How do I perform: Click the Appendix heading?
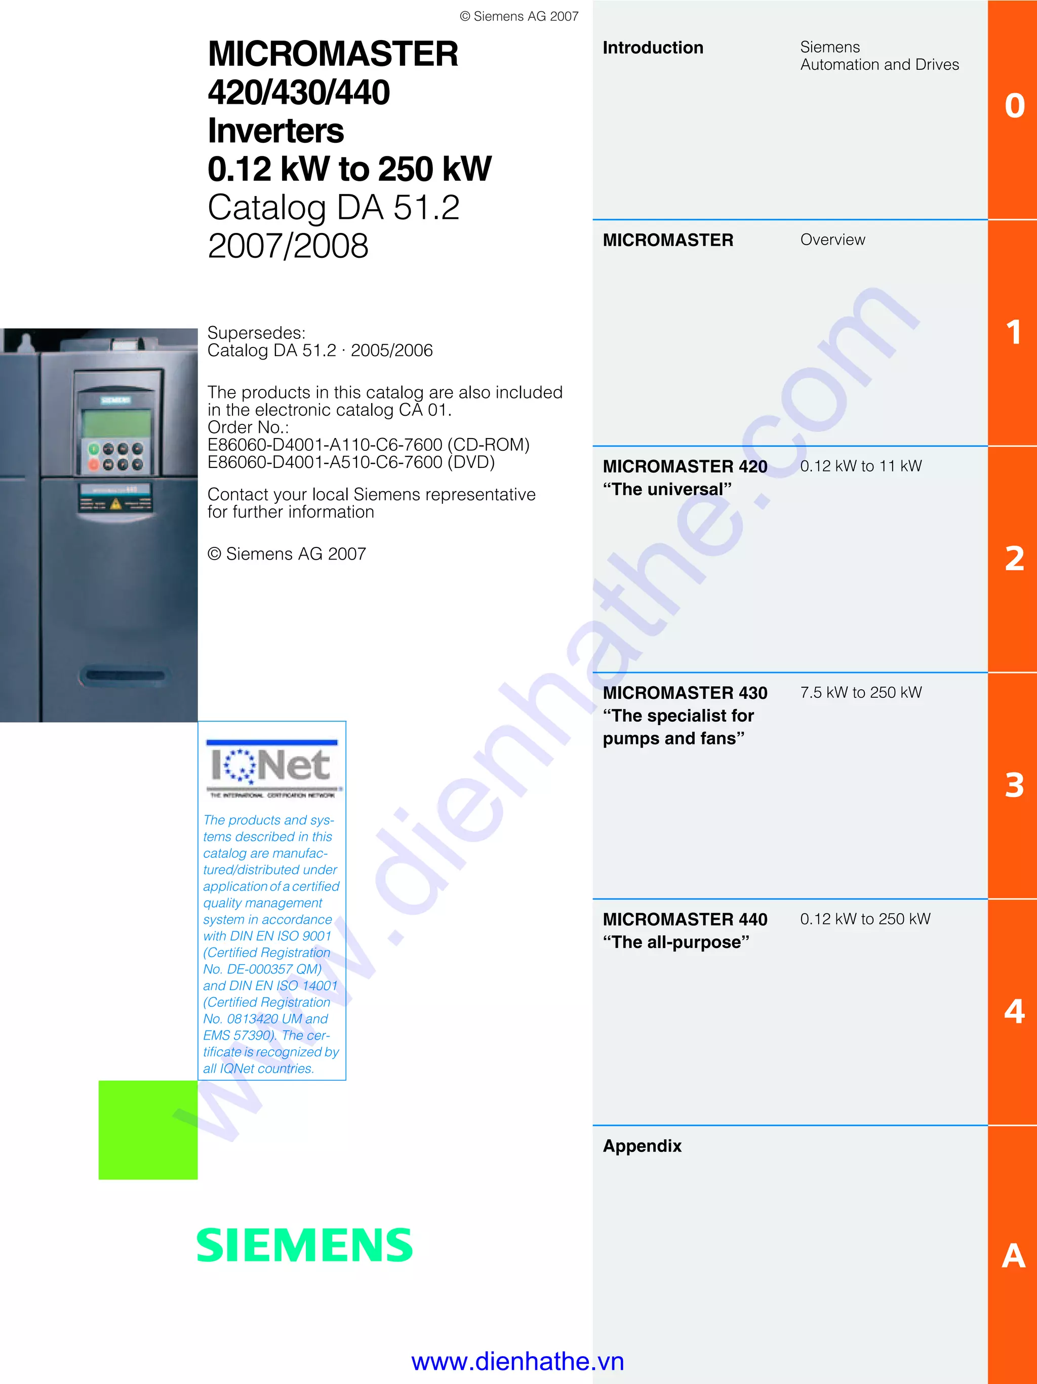[x=642, y=1145]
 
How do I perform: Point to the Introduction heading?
[x=652, y=48]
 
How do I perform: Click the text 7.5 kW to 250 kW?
[x=861, y=692]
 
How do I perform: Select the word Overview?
[x=832, y=240]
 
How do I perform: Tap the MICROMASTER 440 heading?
[x=685, y=919]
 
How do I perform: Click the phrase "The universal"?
[x=667, y=489]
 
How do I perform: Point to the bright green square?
[x=148, y=1129]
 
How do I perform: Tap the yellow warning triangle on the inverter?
[x=116, y=504]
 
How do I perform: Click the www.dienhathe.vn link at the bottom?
[x=518, y=1361]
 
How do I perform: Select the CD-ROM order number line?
[x=369, y=445]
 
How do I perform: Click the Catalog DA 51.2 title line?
[x=333, y=207]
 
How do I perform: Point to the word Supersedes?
[x=256, y=332]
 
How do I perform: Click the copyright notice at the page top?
[x=519, y=16]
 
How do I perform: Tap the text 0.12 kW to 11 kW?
[x=861, y=465]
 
